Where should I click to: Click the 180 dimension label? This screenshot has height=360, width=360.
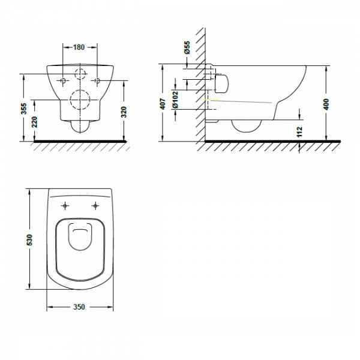(x=79, y=47)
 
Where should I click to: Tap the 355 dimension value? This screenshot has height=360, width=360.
(x=24, y=109)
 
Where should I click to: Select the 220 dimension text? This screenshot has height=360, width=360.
(x=34, y=122)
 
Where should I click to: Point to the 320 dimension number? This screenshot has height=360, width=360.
(x=124, y=112)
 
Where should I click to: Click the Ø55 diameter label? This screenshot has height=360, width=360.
(x=187, y=47)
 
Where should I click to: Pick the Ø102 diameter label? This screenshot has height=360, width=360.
(x=175, y=100)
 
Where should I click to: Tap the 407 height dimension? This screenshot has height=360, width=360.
(x=163, y=104)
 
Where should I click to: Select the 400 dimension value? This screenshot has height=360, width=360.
(x=326, y=104)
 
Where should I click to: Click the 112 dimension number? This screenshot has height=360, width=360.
(x=300, y=132)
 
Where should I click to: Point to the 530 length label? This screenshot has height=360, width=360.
(x=29, y=239)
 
